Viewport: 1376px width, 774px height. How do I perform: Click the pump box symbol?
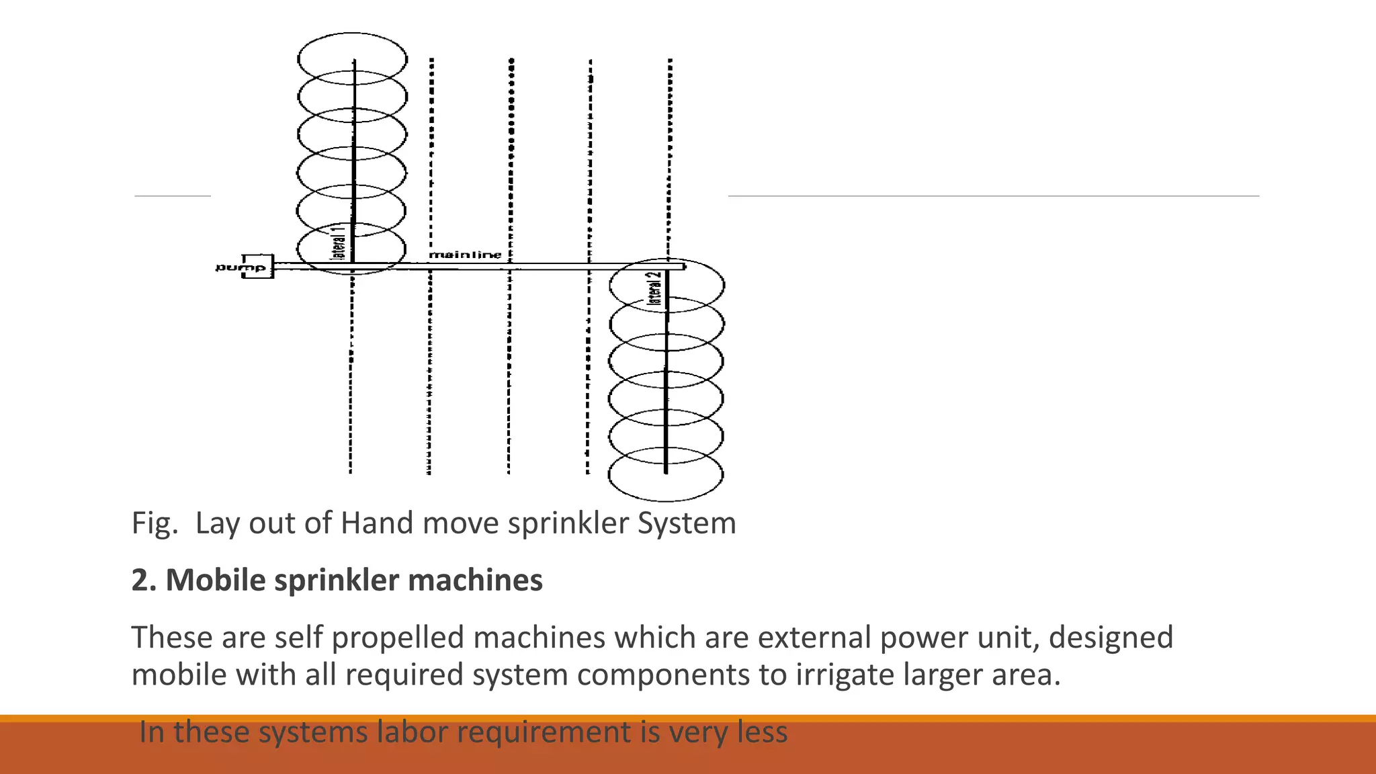point(258,267)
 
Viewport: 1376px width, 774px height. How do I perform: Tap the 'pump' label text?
point(232,267)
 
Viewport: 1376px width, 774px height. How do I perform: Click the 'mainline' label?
point(465,255)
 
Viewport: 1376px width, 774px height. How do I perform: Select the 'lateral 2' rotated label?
point(654,288)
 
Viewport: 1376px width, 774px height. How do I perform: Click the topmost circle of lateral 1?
point(352,58)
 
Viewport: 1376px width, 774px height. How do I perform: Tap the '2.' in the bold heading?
point(144,580)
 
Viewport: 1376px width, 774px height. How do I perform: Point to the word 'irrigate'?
point(845,674)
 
